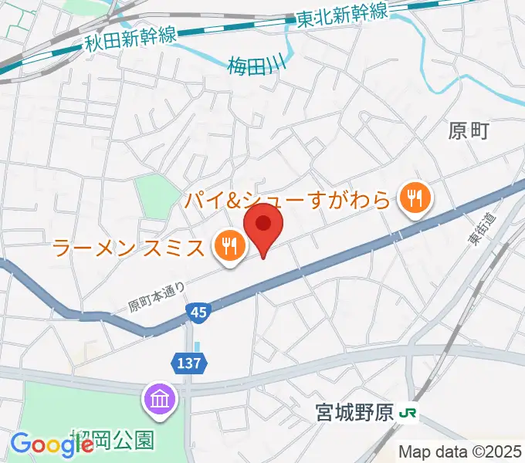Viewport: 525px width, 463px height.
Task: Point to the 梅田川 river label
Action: (x=256, y=64)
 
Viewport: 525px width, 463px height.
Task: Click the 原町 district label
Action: (x=469, y=131)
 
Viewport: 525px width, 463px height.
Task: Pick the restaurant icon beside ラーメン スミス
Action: (x=229, y=247)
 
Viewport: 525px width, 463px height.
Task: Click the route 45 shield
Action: (x=198, y=312)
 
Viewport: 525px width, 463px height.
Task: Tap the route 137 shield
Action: (x=191, y=363)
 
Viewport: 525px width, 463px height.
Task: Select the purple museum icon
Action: (x=161, y=400)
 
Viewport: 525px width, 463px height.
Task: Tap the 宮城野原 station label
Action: (x=356, y=414)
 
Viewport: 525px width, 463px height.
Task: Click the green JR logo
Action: (x=408, y=414)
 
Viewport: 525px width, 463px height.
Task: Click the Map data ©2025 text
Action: (x=460, y=451)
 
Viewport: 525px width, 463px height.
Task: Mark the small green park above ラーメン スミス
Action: (x=156, y=195)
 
